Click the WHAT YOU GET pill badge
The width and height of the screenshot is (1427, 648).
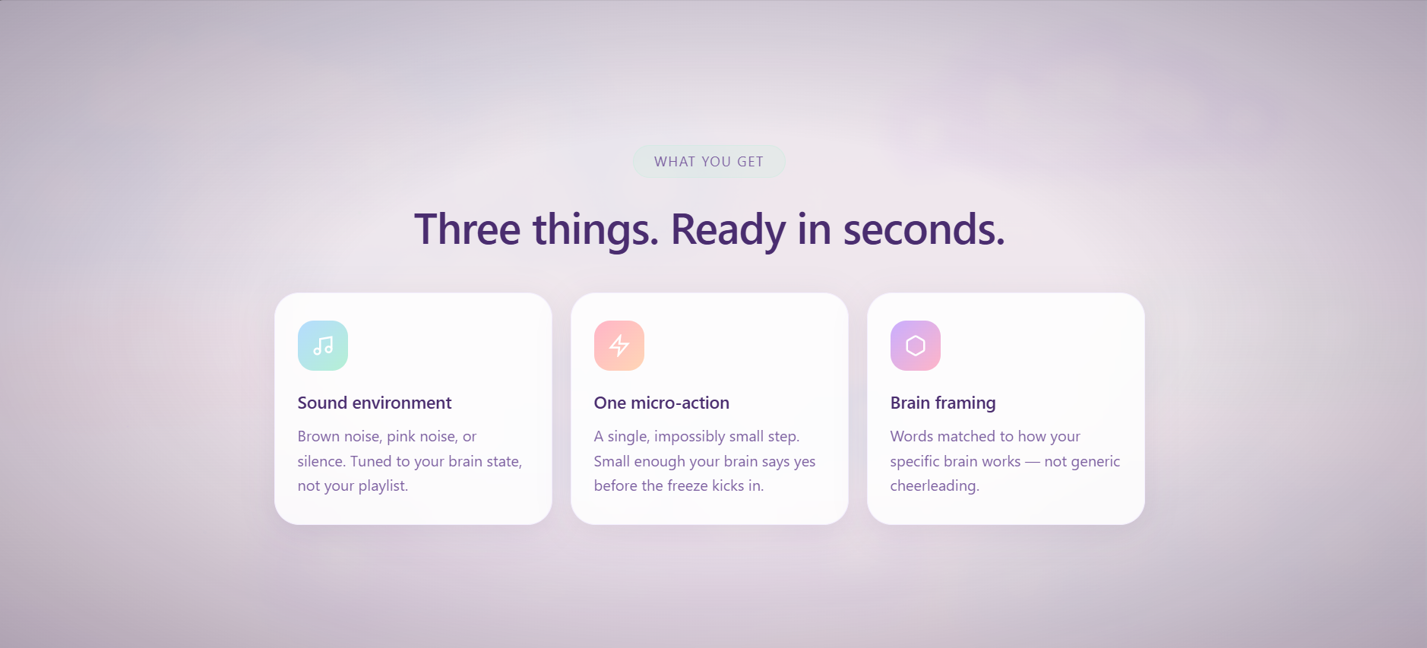click(709, 161)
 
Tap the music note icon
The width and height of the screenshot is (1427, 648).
click(323, 346)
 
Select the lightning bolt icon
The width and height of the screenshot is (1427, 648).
click(619, 346)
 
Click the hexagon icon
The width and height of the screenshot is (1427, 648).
click(916, 346)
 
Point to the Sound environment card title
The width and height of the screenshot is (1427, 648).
click(375, 403)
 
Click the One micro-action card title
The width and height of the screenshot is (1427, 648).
click(662, 403)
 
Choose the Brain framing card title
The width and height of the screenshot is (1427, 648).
click(943, 403)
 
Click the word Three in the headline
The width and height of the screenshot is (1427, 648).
click(467, 229)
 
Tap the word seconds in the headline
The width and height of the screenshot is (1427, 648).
click(924, 229)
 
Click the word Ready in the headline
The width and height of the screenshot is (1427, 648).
click(728, 230)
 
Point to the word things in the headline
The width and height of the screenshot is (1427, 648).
click(596, 230)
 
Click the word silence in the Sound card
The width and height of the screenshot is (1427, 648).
click(321, 461)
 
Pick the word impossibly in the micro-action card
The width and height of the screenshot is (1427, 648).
click(689, 437)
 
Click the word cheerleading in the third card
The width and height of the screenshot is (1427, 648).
click(935, 486)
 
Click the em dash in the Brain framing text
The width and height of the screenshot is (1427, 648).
click(1033, 461)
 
